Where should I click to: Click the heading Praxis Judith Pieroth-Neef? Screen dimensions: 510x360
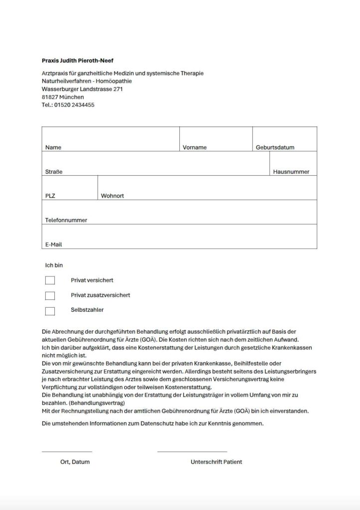(x=78, y=61)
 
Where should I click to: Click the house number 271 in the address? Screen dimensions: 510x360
(x=118, y=89)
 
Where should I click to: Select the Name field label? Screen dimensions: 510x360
(x=53, y=147)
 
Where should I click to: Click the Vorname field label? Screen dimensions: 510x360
(x=195, y=147)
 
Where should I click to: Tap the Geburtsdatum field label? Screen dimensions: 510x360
(x=275, y=147)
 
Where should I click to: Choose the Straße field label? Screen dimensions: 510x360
(x=54, y=172)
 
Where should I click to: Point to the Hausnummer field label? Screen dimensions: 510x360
(x=291, y=172)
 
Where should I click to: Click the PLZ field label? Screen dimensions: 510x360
(x=50, y=196)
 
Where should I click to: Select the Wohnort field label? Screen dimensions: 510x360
(x=113, y=196)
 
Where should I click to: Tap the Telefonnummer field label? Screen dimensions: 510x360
(x=66, y=220)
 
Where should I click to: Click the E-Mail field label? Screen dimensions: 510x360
(x=53, y=245)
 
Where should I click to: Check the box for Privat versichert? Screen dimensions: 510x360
(x=50, y=280)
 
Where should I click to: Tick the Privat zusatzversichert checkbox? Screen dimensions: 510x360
(x=50, y=296)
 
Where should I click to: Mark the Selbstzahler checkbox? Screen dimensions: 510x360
(x=50, y=311)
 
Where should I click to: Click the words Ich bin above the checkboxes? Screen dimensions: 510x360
(x=54, y=265)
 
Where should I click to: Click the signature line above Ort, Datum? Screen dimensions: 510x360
(x=67, y=451)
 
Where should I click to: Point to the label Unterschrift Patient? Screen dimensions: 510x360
(x=216, y=462)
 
